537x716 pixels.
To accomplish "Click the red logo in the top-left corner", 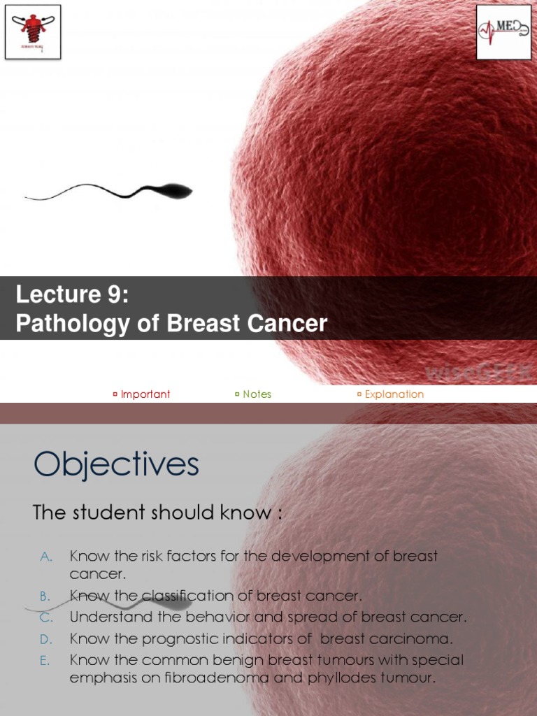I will pyautogui.click(x=32, y=31).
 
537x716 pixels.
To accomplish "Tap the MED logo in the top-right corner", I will pyautogui.click(x=503, y=31).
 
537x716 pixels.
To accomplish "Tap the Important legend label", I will pyautogui.click(x=145, y=394).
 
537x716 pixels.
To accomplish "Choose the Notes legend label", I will pyautogui.click(x=257, y=394).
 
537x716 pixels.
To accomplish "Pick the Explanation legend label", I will pyautogui.click(x=394, y=394).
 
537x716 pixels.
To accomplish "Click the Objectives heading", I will pyautogui.click(x=116, y=464).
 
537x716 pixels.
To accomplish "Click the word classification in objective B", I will pyautogui.click(x=197, y=596).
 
